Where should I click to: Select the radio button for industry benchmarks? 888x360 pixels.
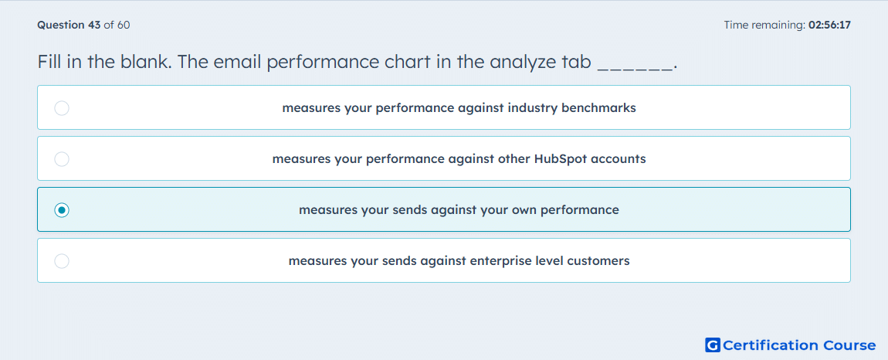62,107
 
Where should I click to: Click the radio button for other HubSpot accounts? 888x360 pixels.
62,159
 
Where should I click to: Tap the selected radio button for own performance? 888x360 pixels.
62,210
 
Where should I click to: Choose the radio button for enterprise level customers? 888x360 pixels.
62,261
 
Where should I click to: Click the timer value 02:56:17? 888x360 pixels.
829,25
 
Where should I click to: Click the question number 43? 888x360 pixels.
94,25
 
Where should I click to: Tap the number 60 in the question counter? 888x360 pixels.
124,25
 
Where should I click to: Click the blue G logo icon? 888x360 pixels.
713,345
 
